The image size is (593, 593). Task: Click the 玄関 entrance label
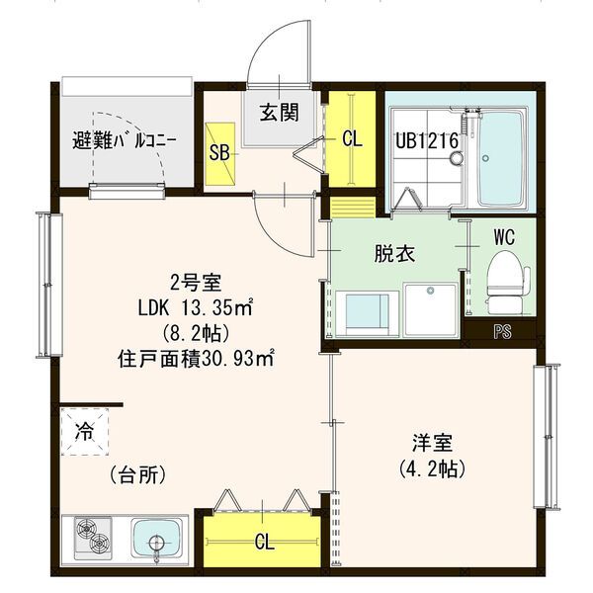(280, 112)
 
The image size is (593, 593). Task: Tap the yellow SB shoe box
(220, 153)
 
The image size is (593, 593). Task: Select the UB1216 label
(427, 140)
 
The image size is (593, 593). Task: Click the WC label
(504, 237)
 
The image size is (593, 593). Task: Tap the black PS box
(502, 332)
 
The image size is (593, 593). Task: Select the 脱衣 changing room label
(393, 253)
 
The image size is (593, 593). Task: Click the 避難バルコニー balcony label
(125, 140)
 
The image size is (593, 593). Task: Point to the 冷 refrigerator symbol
(85, 431)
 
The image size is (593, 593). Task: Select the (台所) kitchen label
(136, 474)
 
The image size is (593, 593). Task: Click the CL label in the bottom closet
(264, 542)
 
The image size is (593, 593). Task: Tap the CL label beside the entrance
(352, 139)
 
